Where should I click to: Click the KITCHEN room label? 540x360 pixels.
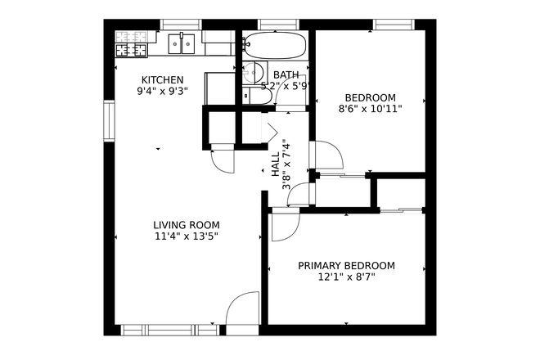pyautogui.click(x=162, y=79)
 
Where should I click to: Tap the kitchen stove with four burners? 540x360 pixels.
pyautogui.click(x=131, y=44)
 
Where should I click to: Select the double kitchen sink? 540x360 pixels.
pyautogui.click(x=182, y=43)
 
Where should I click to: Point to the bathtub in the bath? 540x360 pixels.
pyautogui.click(x=275, y=44)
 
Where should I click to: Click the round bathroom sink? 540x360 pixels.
pyautogui.click(x=254, y=71)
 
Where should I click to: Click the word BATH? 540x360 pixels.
pyautogui.click(x=286, y=74)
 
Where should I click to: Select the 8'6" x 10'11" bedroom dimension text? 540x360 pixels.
pyautogui.click(x=370, y=107)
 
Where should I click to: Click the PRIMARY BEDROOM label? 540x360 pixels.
pyautogui.click(x=346, y=266)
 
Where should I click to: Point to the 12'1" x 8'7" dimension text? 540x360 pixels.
pyautogui.click(x=346, y=277)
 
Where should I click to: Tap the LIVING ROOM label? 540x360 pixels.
pyautogui.click(x=187, y=225)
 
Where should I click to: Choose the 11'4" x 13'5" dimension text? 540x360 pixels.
pyautogui.click(x=187, y=236)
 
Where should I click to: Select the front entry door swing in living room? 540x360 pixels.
pyautogui.click(x=241, y=310)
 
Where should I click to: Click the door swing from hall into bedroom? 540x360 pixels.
pyautogui.click(x=328, y=155)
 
